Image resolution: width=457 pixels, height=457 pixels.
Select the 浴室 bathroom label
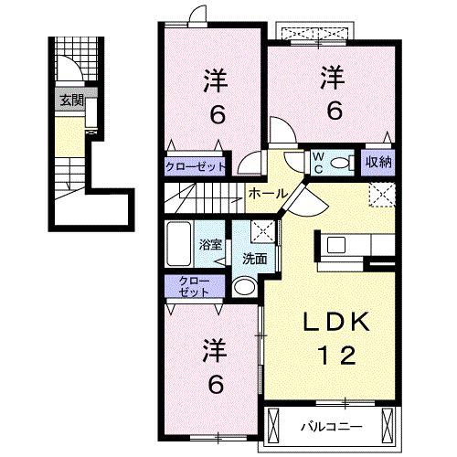pos(210,244)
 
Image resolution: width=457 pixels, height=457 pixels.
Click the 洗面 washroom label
pos(254,259)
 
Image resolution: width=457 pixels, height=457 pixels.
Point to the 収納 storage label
pos(377,162)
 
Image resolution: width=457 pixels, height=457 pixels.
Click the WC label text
pos(318,162)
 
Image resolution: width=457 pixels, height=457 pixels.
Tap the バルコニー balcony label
pos(333,426)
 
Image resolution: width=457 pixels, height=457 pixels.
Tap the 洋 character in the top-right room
pos(333,79)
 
